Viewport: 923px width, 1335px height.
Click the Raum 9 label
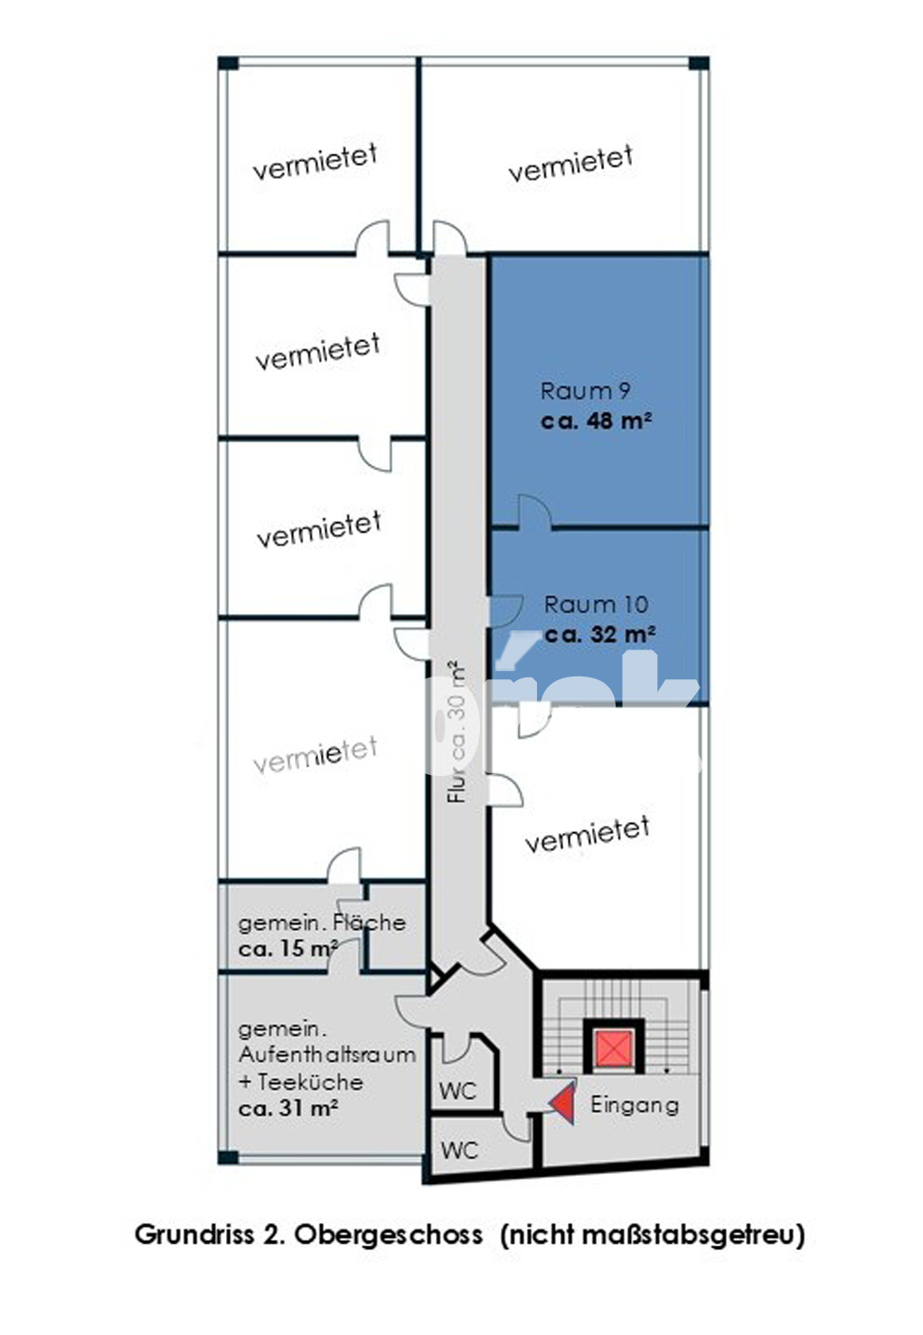click(x=585, y=391)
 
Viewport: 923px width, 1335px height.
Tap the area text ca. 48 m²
click(x=596, y=421)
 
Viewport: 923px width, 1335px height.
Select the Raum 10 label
click(x=596, y=604)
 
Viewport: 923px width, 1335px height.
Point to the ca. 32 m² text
click(x=600, y=634)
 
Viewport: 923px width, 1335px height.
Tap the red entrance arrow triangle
click(x=563, y=1103)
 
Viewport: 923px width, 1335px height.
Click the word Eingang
click(x=635, y=1105)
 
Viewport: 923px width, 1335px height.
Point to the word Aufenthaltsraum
click(x=326, y=1055)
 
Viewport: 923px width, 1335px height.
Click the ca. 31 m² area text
click(x=288, y=1109)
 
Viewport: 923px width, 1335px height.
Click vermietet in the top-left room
click(x=316, y=161)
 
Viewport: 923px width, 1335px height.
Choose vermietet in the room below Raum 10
click(x=588, y=834)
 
